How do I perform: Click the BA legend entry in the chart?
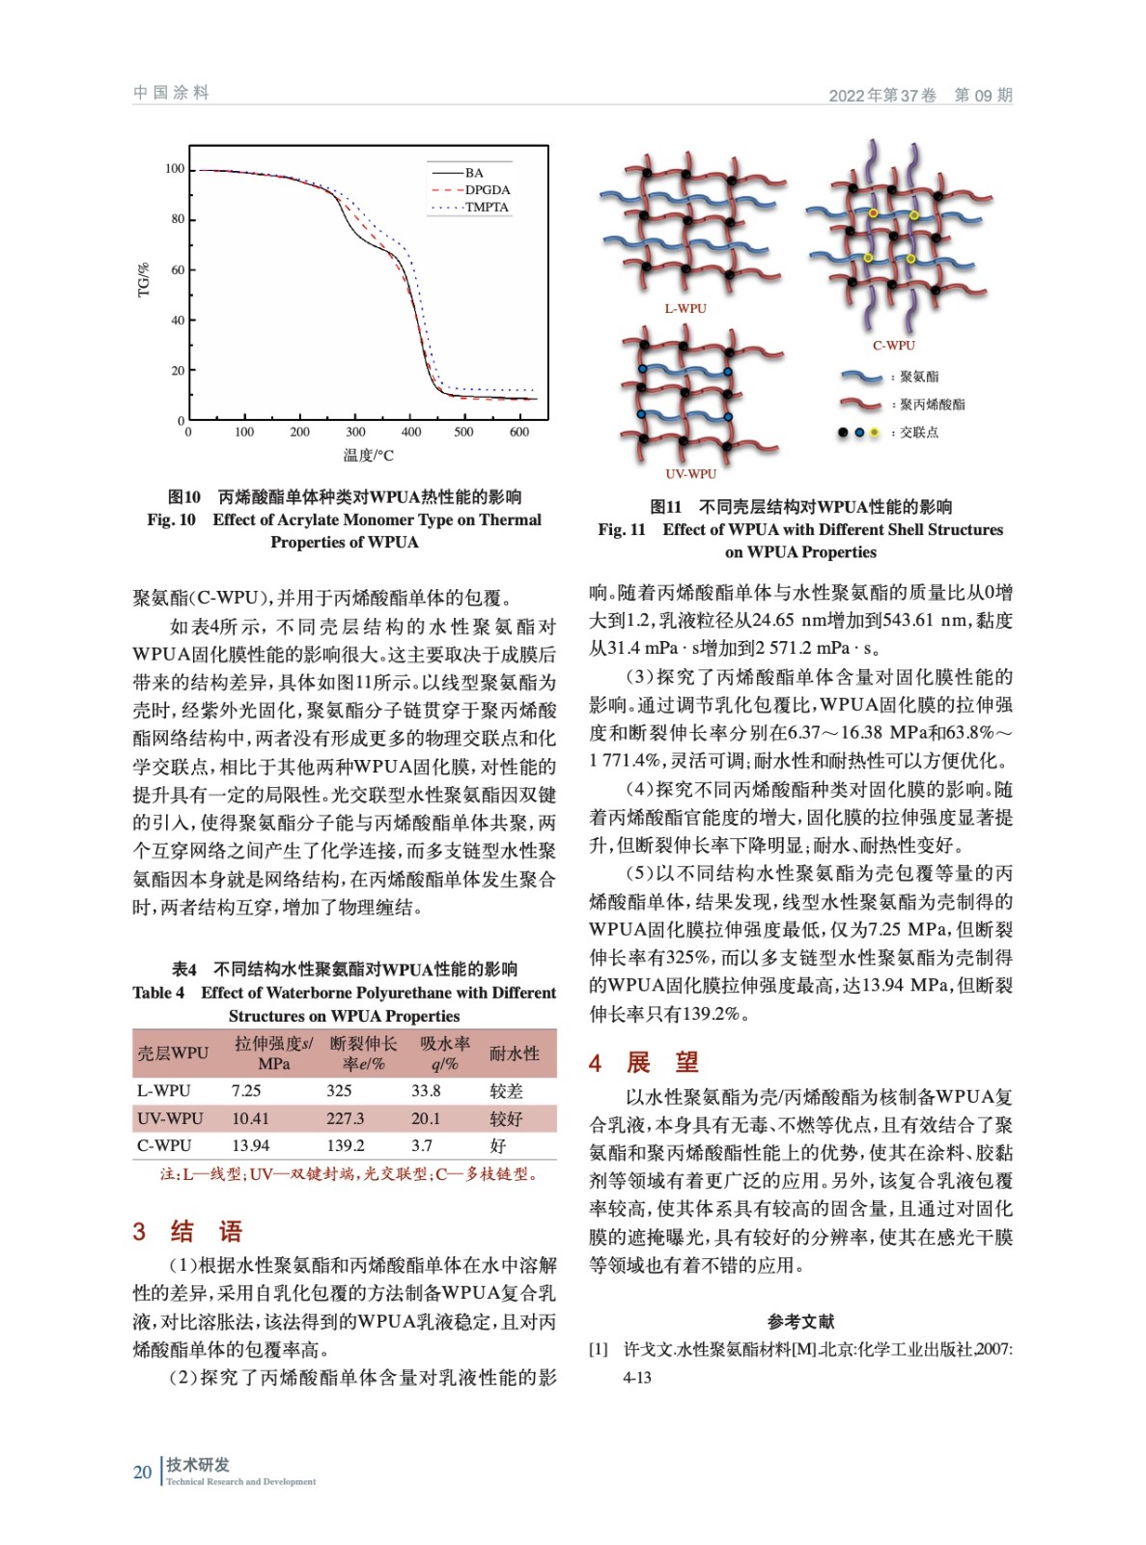tap(473, 173)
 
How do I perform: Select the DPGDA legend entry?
tap(487, 190)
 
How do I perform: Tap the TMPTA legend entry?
tap(486, 208)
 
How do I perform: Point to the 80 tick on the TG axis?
tap(178, 219)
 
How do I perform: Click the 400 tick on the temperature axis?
tap(411, 432)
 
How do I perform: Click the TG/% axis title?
tap(144, 280)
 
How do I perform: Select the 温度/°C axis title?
tap(368, 455)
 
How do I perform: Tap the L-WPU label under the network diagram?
tap(685, 309)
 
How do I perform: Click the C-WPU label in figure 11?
tap(894, 346)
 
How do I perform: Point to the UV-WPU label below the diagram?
tap(691, 474)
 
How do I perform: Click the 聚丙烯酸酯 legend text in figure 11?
tap(932, 405)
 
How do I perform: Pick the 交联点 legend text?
tap(918, 433)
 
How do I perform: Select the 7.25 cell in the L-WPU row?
tap(246, 1091)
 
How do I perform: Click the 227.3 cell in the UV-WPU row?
tap(345, 1118)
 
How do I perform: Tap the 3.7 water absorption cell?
tap(422, 1146)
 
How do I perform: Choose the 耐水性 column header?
tap(514, 1053)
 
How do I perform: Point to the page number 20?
tap(143, 1472)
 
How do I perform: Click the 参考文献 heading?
tap(800, 1321)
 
